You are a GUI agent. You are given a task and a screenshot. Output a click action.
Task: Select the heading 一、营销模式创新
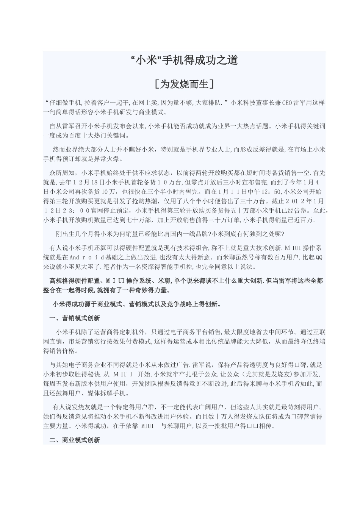pos(75,318)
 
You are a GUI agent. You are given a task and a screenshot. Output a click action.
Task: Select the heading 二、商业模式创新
pos(75,440)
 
